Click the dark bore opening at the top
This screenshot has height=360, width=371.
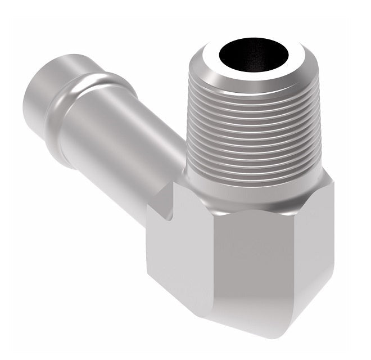(x=254, y=58)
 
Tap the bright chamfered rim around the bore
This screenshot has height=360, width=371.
(x=254, y=78)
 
